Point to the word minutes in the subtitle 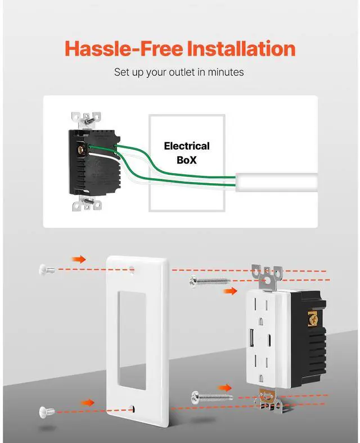click(x=224, y=73)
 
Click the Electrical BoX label click(x=186, y=152)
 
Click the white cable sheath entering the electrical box click(x=276, y=182)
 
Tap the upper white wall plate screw click(x=46, y=269)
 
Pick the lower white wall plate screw click(x=47, y=411)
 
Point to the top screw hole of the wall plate click(x=133, y=269)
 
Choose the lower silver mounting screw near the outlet click(x=211, y=397)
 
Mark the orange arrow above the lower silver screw click(x=225, y=387)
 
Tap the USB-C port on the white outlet click(x=272, y=340)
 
